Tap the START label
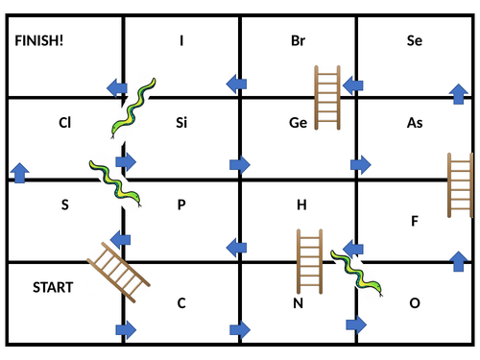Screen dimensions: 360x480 [x=53, y=287]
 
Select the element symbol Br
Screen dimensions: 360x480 [x=298, y=40]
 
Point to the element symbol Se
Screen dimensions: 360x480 [x=415, y=40]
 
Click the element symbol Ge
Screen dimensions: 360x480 [x=298, y=123]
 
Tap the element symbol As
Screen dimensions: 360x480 [x=415, y=123]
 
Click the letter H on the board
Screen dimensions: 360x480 [x=300, y=204]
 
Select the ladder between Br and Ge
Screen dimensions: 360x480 [x=329, y=97]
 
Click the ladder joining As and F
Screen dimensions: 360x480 [x=461, y=185]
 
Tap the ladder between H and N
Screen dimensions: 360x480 [x=309, y=260]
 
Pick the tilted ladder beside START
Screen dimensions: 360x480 [x=118, y=272]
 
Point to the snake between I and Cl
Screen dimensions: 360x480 [x=132, y=108]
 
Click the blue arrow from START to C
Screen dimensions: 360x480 [x=125, y=329]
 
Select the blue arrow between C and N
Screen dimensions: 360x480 [x=240, y=329]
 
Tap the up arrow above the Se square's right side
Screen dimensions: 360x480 [x=459, y=93]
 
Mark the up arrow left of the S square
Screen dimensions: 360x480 [x=18, y=173]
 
